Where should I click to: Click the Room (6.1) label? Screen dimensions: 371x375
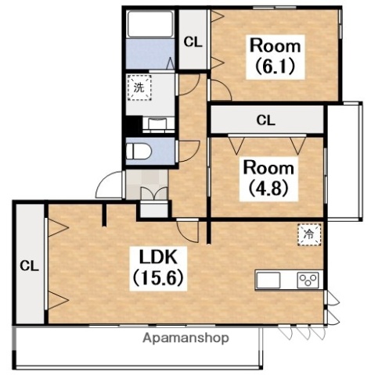click(276, 56)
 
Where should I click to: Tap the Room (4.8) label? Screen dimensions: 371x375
click(268, 178)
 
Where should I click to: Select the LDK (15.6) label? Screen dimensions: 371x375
click(158, 267)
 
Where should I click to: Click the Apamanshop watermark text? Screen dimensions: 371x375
click(185, 338)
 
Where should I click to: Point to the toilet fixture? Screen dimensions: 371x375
click(139, 152)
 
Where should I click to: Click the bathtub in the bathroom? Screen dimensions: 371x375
click(150, 24)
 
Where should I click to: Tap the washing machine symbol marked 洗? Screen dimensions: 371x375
click(139, 87)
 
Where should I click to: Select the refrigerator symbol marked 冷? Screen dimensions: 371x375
click(309, 234)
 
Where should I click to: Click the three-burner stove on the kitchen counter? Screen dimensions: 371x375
click(308, 280)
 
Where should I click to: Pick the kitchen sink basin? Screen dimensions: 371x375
click(268, 280)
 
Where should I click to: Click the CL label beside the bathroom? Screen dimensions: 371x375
click(193, 42)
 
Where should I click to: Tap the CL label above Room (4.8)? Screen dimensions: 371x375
click(265, 120)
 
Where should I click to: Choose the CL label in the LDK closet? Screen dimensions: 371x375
click(30, 266)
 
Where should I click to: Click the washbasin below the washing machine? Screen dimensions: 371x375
click(159, 123)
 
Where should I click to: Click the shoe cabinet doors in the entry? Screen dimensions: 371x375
click(154, 193)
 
